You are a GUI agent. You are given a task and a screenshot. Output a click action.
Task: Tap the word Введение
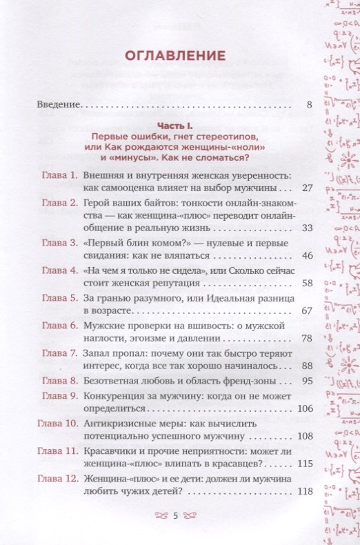point(58,106)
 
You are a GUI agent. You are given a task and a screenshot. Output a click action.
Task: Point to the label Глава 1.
point(59,175)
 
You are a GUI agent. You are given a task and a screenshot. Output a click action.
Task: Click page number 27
point(308,188)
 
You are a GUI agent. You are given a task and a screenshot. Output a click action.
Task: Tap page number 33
point(308,228)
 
